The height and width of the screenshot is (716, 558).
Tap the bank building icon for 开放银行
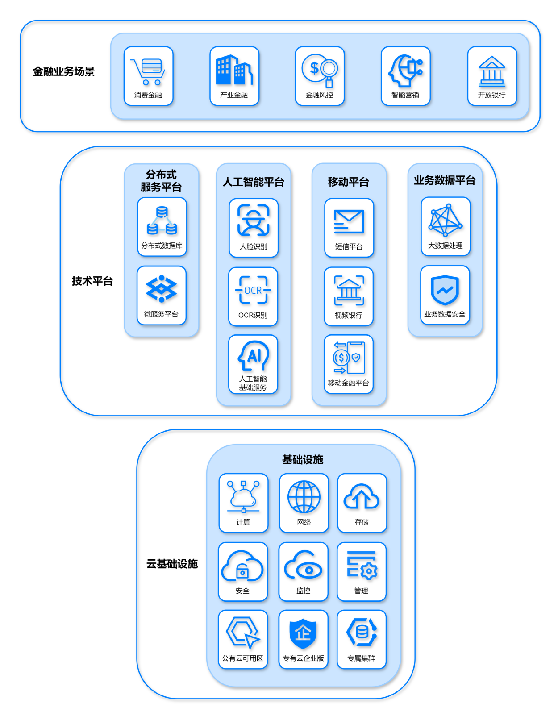pos(492,71)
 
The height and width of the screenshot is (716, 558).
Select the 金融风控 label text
pos(319,95)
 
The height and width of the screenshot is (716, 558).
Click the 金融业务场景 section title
pos(63,71)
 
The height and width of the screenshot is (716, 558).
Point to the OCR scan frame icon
pos(253,290)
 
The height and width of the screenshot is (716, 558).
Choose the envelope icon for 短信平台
pos(349,221)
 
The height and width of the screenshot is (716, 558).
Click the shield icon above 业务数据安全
pos(445,290)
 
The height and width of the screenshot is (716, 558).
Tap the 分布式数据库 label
pos(162,246)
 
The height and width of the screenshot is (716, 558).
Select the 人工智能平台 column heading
pos(253,182)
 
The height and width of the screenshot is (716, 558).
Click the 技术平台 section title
pos(92,281)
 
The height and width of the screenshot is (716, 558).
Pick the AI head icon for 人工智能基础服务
pos(253,356)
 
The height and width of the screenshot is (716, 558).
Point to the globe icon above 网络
pos(304,496)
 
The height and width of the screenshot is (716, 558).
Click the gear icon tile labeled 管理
pos(361,571)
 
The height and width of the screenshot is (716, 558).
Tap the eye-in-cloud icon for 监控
pos(304,566)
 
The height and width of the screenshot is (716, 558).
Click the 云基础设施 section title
pos(172,564)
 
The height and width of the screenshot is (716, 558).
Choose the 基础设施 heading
pos(303,459)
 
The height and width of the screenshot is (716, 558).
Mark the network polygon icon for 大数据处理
pos(446,220)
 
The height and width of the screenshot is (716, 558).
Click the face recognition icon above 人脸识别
pos(253,220)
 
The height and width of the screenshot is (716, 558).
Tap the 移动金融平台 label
pos(349,383)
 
